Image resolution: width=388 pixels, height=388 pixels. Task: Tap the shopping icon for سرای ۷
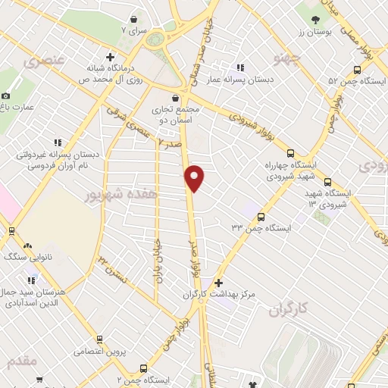click(x=134, y=19)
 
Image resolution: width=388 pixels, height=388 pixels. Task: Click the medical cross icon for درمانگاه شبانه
click(x=111, y=56)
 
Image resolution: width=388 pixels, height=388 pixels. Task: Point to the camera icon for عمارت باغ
click(x=6, y=95)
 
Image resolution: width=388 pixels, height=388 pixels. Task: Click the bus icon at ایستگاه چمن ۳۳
click(x=260, y=216)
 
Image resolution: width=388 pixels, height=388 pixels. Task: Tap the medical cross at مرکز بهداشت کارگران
click(x=218, y=283)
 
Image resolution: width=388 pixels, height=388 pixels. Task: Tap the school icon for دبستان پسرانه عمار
click(x=241, y=67)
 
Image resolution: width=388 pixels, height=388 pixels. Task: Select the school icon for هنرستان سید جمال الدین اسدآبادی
click(x=30, y=281)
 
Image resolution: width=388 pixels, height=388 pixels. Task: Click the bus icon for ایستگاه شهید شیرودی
click(x=327, y=182)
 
